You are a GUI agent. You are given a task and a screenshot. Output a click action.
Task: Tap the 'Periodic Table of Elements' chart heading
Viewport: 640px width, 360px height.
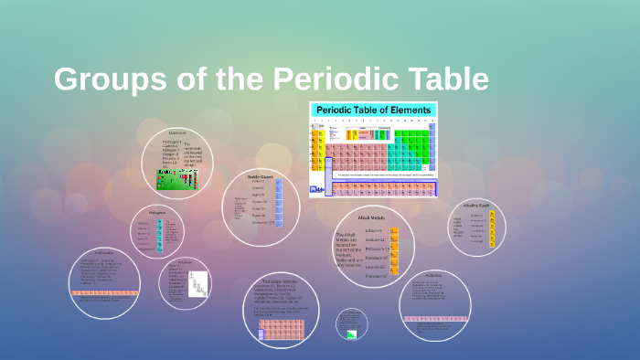[x=373, y=111]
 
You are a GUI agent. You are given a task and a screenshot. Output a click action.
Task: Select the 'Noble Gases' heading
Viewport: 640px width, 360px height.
[x=261, y=175]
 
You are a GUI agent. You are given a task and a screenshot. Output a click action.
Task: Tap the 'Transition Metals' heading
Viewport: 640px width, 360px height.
[x=283, y=281]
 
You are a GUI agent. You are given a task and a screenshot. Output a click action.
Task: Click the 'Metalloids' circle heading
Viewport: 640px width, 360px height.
[x=184, y=262]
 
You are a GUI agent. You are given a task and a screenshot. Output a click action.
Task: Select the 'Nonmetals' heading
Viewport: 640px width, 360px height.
[x=176, y=132]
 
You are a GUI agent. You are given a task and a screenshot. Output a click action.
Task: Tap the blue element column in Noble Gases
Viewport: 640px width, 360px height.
[x=279, y=202]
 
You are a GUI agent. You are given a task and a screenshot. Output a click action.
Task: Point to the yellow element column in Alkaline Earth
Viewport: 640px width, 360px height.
[x=492, y=229]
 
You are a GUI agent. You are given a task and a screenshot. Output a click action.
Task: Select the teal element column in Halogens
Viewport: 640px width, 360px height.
[x=159, y=235]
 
